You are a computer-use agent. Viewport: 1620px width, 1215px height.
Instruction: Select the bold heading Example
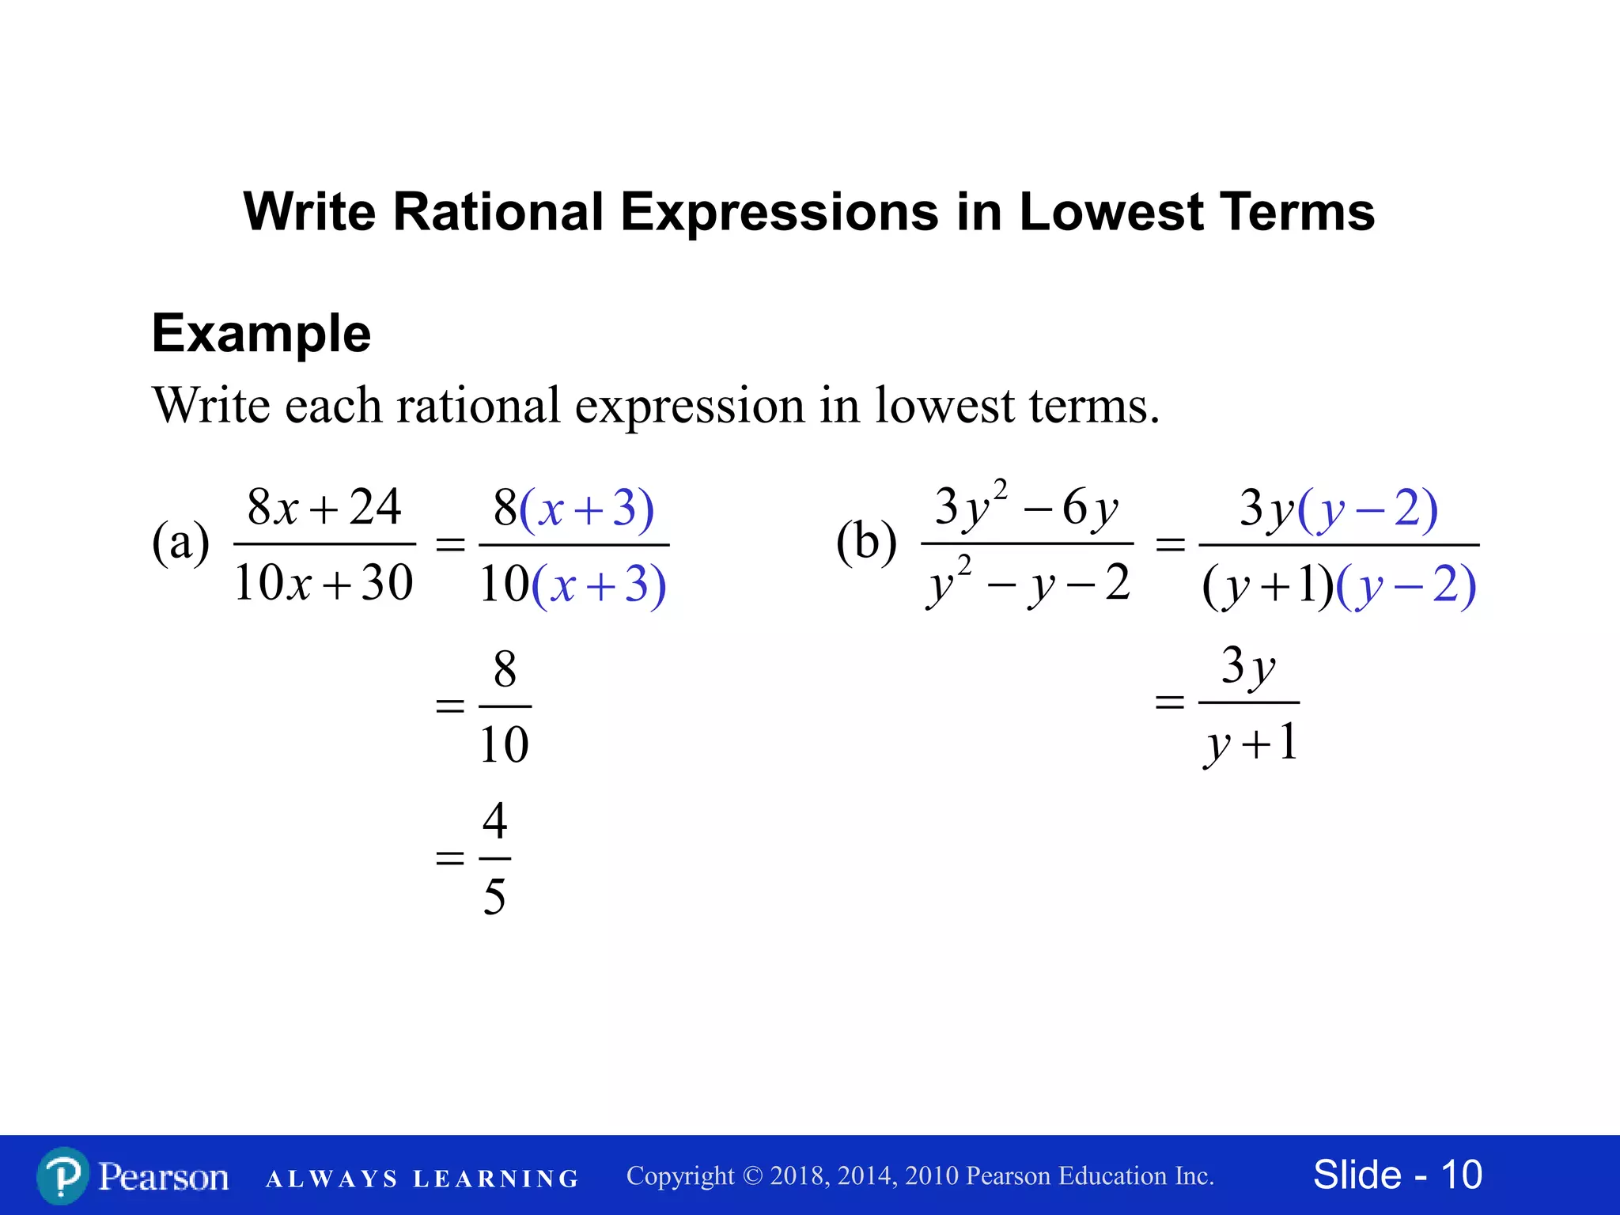click(x=261, y=333)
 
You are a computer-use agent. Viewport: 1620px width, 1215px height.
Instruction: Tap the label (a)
click(x=180, y=543)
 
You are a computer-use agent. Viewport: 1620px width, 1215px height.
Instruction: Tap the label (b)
click(x=866, y=543)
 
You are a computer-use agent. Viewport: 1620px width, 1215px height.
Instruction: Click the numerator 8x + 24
click(x=324, y=507)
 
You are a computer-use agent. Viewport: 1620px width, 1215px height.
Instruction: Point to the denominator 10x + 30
click(x=324, y=584)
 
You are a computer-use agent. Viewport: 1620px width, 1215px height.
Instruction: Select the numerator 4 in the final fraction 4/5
click(x=495, y=820)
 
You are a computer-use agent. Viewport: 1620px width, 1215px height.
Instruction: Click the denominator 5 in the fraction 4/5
click(x=494, y=897)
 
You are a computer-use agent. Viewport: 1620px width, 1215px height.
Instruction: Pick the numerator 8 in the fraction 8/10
click(x=505, y=669)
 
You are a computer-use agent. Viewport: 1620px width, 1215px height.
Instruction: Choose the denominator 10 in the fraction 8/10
click(x=505, y=744)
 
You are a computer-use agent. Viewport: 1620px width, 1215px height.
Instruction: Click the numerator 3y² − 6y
click(x=1027, y=505)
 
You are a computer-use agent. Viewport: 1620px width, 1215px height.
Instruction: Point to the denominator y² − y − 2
click(x=1028, y=584)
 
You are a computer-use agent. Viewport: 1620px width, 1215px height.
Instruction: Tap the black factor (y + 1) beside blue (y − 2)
click(x=1267, y=587)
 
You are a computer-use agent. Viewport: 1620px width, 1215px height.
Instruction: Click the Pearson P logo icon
click(x=62, y=1175)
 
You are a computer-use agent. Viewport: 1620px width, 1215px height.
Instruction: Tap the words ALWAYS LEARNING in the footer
click(x=422, y=1179)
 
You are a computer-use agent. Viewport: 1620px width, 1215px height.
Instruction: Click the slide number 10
click(x=1461, y=1175)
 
